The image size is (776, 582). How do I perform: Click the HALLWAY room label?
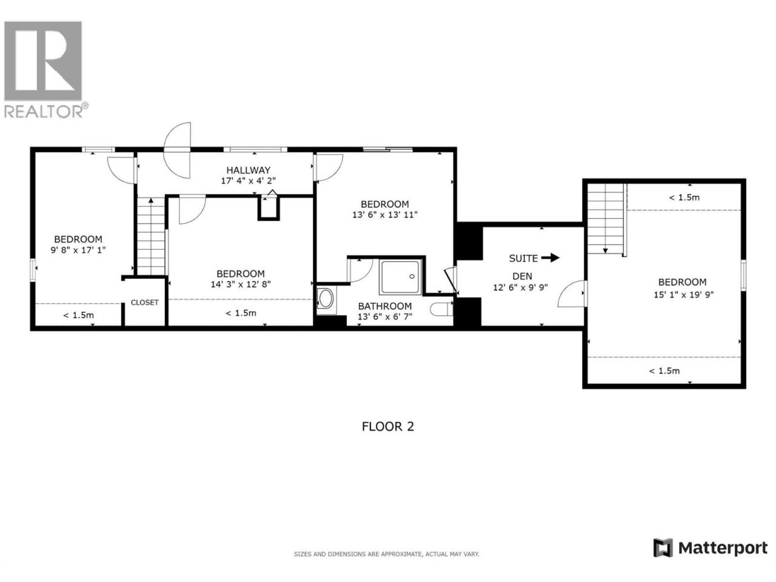point(248,170)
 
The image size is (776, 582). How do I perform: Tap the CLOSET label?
point(145,303)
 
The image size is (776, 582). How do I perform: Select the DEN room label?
point(522,276)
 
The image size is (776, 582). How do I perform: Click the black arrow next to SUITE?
point(550,258)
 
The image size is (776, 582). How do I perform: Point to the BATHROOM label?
point(384,306)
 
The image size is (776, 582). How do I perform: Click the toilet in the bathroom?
point(441,309)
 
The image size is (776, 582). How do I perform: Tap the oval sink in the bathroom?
point(326,299)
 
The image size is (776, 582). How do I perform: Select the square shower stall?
point(400,277)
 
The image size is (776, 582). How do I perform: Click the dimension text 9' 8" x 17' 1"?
point(78,250)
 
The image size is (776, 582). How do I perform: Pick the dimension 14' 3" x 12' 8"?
point(241,284)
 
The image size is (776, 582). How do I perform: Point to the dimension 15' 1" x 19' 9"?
point(683,295)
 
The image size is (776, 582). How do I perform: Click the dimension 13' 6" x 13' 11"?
point(384,215)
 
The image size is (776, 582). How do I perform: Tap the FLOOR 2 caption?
point(387,427)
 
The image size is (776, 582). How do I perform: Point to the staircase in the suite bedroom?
point(605,219)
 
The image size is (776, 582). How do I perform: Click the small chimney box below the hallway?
point(269,207)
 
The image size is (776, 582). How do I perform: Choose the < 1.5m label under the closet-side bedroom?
point(78,315)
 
